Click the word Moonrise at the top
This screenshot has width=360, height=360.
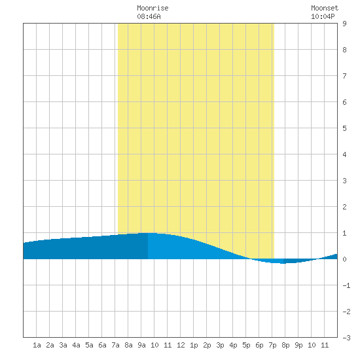153,8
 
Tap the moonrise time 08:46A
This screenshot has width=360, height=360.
149,16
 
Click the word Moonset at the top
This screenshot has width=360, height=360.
325,8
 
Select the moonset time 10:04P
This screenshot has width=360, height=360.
323,16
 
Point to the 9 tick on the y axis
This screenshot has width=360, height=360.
344,24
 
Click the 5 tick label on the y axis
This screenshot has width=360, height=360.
344,128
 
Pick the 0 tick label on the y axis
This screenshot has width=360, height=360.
344,259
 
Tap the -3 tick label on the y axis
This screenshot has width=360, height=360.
346,338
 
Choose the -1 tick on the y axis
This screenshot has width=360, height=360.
346,285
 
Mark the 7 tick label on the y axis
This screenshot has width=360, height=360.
344,76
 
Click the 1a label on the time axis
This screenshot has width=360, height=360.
37,345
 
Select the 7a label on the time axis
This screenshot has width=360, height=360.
115,345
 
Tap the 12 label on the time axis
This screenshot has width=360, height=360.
181,345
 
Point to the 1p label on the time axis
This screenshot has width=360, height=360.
194,345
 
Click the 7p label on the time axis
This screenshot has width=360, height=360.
272,345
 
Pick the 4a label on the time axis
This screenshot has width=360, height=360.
76,345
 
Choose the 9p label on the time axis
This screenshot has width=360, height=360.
298,345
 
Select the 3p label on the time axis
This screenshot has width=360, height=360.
220,345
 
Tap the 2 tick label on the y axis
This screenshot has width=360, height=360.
344,207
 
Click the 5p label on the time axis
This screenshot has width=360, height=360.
246,345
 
